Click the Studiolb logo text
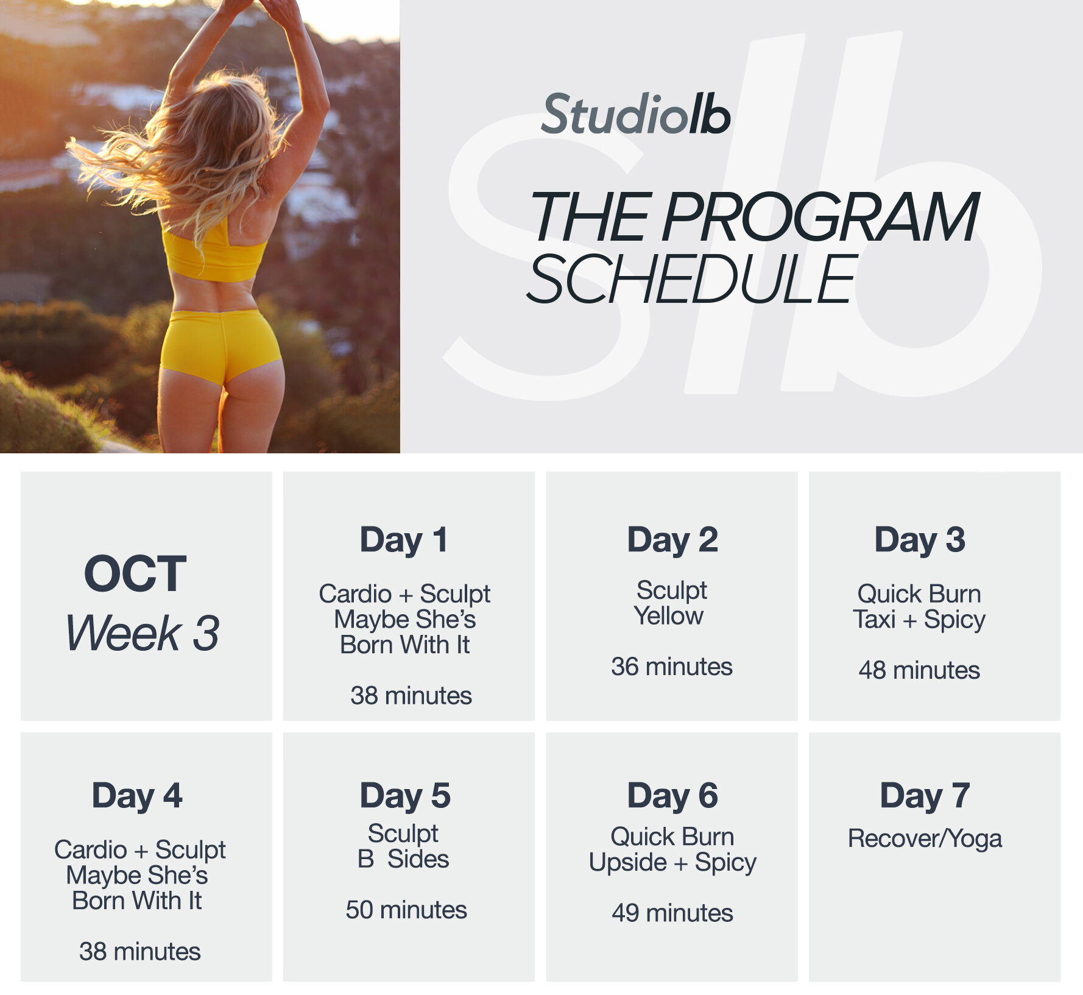point(635,115)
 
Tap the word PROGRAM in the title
point(820,217)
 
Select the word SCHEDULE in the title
point(692,279)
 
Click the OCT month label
point(135,573)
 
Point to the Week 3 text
point(143,632)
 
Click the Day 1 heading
point(404,540)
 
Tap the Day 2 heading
point(672,540)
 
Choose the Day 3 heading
point(920,540)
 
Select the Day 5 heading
point(405,796)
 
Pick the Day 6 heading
point(672,796)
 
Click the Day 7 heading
point(925,796)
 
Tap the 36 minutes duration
point(672,667)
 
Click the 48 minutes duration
point(919,670)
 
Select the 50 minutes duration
point(406,910)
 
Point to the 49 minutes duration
point(672,913)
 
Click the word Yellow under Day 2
point(669,616)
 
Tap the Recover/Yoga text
point(925,839)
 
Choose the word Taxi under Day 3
point(874,620)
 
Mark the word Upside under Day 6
point(628,863)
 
